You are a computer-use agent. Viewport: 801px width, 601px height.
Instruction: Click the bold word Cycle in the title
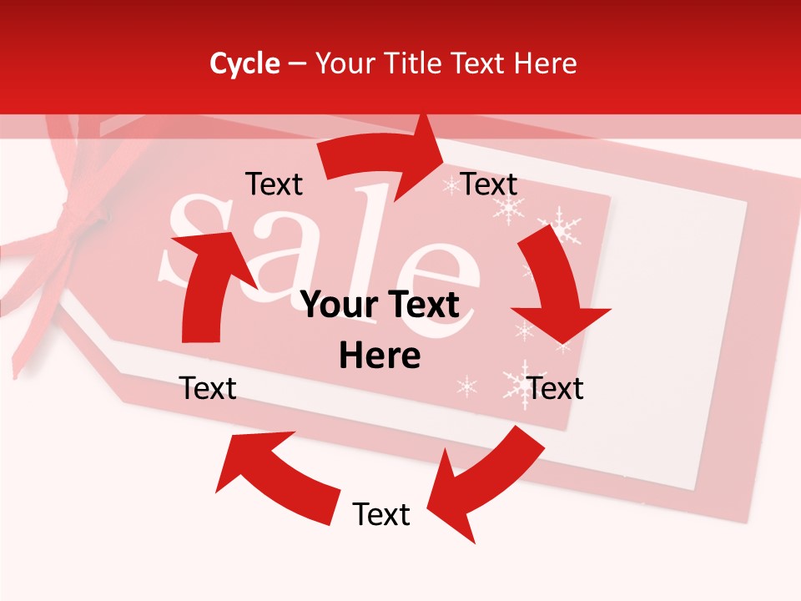244,63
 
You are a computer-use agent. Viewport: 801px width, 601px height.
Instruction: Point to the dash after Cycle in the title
296,64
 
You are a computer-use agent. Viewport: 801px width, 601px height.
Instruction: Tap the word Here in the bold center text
380,356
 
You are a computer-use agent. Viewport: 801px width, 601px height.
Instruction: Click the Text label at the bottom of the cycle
381,514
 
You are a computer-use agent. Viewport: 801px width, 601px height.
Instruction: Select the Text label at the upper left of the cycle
274,184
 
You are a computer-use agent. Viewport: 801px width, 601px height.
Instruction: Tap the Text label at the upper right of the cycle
489,184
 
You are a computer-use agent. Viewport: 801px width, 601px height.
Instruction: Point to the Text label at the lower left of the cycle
208,388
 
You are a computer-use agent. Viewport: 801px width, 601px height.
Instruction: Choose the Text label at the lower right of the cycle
556,388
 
